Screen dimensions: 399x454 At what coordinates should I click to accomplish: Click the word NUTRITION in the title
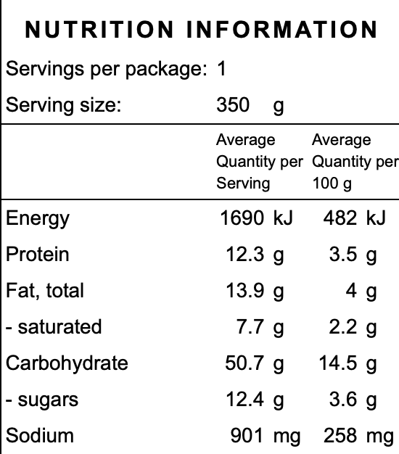coord(99,29)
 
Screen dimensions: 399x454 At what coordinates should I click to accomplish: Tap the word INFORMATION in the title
coord(281,29)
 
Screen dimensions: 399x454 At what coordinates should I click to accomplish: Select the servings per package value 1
coord(222,69)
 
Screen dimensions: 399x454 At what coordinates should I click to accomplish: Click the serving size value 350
coord(233,104)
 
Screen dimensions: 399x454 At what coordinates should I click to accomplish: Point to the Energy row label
coord(38,219)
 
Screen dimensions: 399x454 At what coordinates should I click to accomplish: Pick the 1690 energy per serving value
coord(242,218)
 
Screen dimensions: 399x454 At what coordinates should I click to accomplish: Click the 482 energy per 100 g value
coord(340,218)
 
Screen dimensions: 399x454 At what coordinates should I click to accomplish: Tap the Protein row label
coord(38,255)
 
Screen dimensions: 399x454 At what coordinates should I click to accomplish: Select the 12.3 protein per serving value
coord(245,255)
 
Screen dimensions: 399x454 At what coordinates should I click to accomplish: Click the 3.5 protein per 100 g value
coord(343,255)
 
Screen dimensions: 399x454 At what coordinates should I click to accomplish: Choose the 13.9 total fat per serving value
coord(245,290)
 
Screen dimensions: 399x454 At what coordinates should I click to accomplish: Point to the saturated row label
coord(54,327)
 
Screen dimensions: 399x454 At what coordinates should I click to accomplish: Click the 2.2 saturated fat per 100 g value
coord(343,327)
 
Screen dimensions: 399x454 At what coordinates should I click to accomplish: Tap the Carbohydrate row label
coord(67,363)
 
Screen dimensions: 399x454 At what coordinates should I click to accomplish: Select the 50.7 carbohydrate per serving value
coord(244,363)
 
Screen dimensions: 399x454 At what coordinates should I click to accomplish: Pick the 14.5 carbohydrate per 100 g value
coord(338,363)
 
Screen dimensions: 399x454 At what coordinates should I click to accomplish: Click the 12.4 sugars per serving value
coord(245,400)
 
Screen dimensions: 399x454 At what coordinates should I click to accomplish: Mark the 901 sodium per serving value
coord(247,436)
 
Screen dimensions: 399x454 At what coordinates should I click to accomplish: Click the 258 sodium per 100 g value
coord(340,436)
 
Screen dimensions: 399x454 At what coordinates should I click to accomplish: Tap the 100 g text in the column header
coord(332,183)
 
